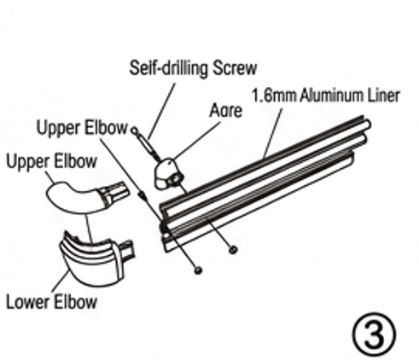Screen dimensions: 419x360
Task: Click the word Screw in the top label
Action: pyautogui.click(x=235, y=67)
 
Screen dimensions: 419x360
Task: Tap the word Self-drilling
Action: pyautogui.click(x=168, y=68)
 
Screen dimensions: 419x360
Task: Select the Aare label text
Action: pyautogui.click(x=226, y=110)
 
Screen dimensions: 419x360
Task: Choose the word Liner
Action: pyautogui.click(x=383, y=96)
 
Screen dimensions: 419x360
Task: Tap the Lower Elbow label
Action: pyautogui.click(x=51, y=302)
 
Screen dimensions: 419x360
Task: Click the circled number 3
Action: pyautogui.click(x=374, y=334)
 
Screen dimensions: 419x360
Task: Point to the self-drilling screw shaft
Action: pyautogui.click(x=145, y=144)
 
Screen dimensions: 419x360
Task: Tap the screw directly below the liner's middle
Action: pyautogui.click(x=233, y=250)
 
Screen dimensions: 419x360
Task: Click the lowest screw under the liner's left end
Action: pyautogui.click(x=198, y=270)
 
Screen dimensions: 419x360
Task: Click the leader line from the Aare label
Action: pyautogui.click(x=197, y=140)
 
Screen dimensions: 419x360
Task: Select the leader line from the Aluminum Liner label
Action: pyautogui.click(x=273, y=133)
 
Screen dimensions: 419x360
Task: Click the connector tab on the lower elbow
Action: pyautogui.click(x=127, y=249)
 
